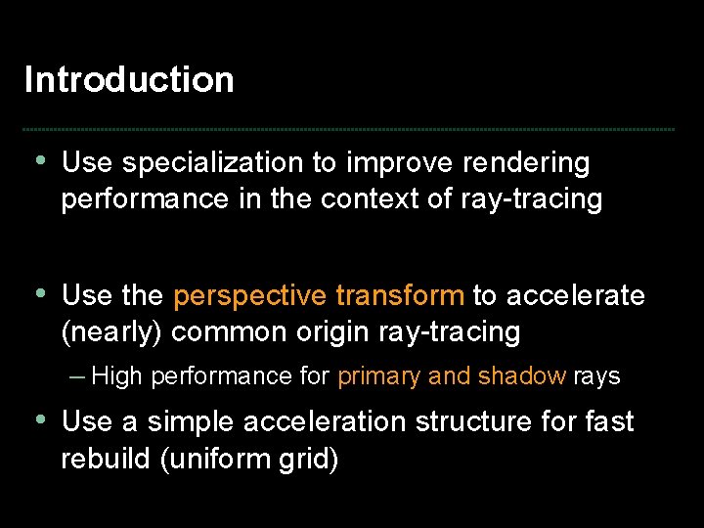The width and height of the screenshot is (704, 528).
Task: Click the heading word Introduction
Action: [129, 79]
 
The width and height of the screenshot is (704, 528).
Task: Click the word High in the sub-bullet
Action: [116, 376]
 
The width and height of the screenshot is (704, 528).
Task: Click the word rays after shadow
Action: [596, 376]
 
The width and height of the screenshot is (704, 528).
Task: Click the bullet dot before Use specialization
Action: [40, 161]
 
